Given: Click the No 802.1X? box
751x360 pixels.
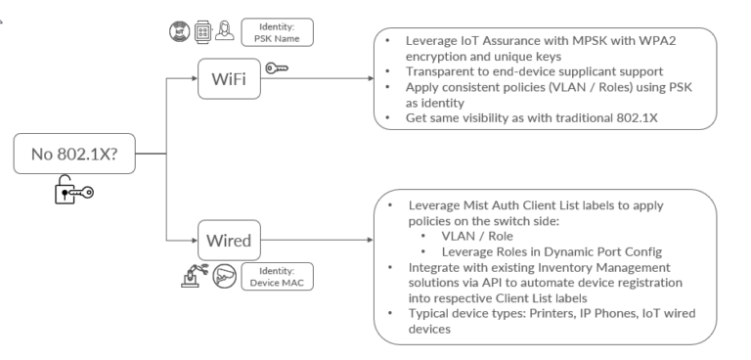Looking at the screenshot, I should click(74, 154).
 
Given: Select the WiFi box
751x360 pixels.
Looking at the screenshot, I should click(228, 81).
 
